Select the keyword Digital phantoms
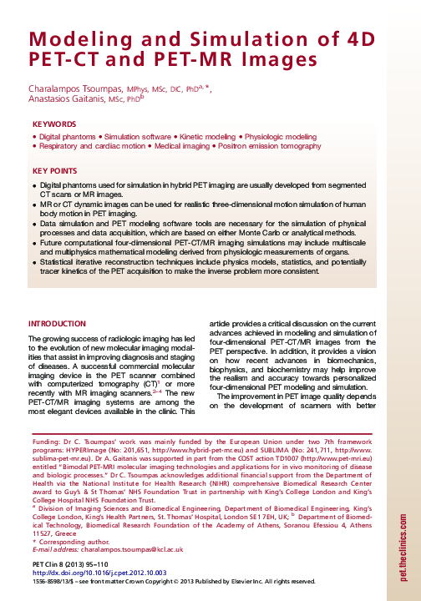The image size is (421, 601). pos(66,135)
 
